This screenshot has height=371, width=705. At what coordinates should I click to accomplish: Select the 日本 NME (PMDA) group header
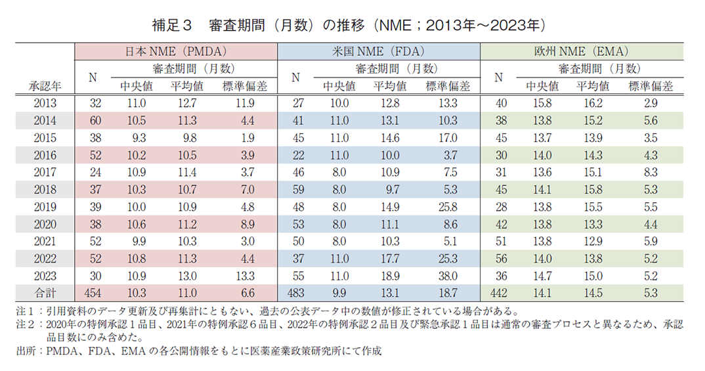coord(176,51)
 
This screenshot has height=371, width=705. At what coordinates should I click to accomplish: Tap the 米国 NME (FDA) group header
coord(379,51)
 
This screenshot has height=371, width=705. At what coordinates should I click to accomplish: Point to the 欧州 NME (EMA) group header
coord(582,51)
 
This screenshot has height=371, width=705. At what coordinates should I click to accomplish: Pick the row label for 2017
coord(45,172)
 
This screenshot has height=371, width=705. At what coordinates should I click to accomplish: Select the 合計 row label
coord(45,292)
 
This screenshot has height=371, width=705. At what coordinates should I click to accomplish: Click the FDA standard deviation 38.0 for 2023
coord(448,275)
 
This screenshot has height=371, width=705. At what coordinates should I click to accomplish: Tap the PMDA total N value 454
coord(93,292)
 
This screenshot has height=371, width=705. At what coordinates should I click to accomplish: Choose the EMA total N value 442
coord(498,292)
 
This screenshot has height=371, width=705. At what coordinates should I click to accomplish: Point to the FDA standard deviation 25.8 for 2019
coord(448,206)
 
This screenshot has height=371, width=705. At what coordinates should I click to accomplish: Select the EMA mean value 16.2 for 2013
coord(592,103)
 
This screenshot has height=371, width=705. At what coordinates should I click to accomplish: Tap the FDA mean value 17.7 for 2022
coord(389,258)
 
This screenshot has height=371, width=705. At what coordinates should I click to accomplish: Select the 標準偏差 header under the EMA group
coord(651,86)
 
